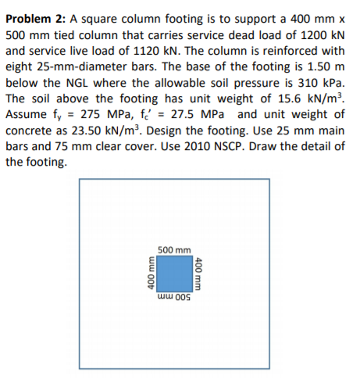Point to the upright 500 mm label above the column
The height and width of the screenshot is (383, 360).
(x=174, y=250)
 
